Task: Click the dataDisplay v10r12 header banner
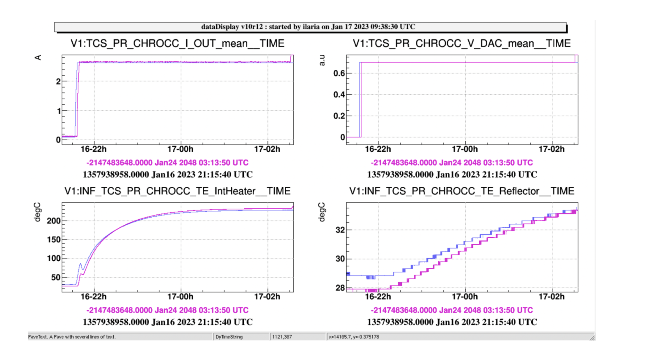pos(310,27)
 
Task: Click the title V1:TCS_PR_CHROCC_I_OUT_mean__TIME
pos(178,44)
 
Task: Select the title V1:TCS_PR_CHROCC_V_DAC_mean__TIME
pos(462,44)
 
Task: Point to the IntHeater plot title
pos(178,191)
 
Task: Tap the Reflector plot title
pos(462,191)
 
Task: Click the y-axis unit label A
pos(38,57)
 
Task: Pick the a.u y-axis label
pos(322,60)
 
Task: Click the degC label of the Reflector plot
pos(322,212)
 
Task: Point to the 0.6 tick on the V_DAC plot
pos(339,74)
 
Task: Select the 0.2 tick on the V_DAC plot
pos(339,116)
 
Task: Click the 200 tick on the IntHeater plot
pos(54,221)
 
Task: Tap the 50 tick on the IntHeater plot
pos(56,278)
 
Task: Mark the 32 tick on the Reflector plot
pos(340,230)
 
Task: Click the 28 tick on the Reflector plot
pos(340,288)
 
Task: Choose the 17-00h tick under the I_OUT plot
pos(180,149)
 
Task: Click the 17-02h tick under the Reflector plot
pos(552,297)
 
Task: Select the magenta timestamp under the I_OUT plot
pos(167,163)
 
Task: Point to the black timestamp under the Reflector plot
pos(452,322)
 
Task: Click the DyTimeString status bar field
pos(229,337)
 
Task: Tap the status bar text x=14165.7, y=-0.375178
pos(354,337)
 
